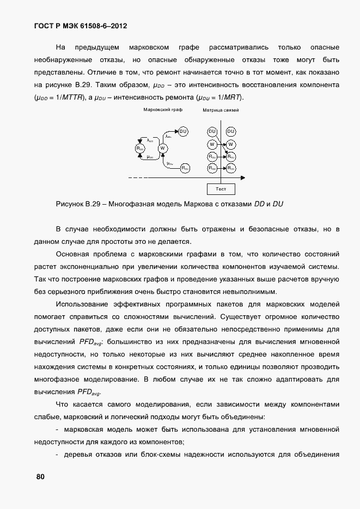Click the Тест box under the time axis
tap(221, 189)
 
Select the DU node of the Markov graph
tap(184, 131)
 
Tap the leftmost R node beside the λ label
tap(140, 148)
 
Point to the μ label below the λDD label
tap(150, 157)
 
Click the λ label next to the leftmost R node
tap(150, 140)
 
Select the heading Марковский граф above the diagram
tap(163, 109)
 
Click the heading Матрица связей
tap(221, 110)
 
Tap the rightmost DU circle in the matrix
tap(230, 131)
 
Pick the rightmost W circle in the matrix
tap(230, 144)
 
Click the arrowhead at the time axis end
tap(242, 177)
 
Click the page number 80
tap(40, 477)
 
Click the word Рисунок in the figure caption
tap(70, 204)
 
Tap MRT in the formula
tap(233, 97)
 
